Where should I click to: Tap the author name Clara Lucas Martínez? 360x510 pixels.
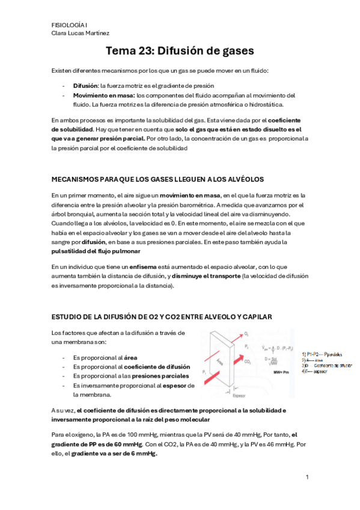click(x=81, y=33)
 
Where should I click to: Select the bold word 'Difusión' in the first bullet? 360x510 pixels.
click(x=86, y=86)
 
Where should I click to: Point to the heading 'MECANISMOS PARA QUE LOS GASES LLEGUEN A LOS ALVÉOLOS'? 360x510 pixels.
click(x=158, y=180)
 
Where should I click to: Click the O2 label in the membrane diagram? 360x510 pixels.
click(x=248, y=332)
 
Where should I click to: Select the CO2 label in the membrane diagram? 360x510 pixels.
click(x=248, y=362)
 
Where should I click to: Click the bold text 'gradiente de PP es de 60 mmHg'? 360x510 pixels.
click(x=93, y=443)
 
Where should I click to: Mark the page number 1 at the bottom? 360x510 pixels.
click(x=307, y=477)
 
